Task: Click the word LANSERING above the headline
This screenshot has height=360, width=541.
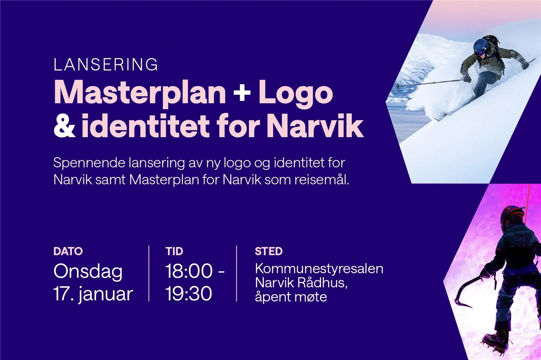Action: [105, 65]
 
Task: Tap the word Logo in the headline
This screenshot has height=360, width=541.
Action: [296, 93]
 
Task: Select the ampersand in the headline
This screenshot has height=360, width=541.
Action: [64, 126]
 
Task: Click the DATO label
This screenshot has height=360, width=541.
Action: [68, 251]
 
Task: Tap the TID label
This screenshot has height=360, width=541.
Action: [174, 251]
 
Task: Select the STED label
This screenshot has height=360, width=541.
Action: [269, 251]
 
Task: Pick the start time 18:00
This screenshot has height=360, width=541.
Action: [189, 271]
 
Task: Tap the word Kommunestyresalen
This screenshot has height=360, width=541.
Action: [319, 269]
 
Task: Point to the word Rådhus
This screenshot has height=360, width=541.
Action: [322, 282]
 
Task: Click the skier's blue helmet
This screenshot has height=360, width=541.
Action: [481, 46]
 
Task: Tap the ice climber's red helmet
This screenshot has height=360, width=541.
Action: [512, 214]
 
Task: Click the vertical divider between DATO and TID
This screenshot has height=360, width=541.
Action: [149, 273]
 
